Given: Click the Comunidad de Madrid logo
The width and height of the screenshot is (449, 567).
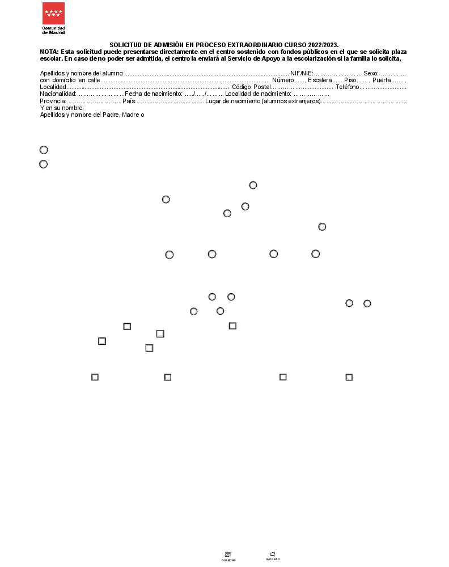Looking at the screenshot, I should coord(53,18).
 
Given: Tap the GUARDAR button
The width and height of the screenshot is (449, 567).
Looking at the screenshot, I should coord(228,556).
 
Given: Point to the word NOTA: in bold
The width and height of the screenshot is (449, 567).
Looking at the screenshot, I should coord(49,52).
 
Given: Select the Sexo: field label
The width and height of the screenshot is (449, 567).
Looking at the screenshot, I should coord(371,73).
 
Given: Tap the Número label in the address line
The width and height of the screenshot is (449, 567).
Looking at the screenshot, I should coord(283,80).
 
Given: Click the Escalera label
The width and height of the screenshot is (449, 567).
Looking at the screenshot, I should coord(320,80).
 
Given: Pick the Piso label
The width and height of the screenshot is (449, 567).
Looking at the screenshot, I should coord(350,80).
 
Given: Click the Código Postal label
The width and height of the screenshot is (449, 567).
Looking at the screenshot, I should coord(252,87).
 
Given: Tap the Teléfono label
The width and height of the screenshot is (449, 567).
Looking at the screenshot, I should coord(347,87).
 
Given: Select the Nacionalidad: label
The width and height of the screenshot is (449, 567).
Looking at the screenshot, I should coord(58,94).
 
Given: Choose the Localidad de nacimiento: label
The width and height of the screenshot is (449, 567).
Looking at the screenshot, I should coord(258,94).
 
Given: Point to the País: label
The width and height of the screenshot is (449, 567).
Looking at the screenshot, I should coord(129,101).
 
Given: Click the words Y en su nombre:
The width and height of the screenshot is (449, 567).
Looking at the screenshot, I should coord(62,108).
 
